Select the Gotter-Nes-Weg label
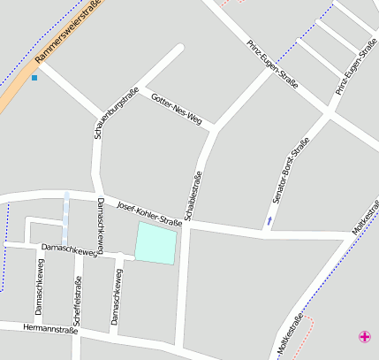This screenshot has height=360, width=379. pos(177,106)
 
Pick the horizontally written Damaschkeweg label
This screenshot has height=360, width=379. pos(69,250)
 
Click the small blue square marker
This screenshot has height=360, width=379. pos(34,78)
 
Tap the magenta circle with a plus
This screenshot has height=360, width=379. pos(365,336)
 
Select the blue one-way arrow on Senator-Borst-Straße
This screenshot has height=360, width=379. pos(269,219)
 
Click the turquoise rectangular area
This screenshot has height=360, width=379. pos(155,242)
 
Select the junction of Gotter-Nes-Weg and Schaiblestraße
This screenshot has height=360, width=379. pos(212,130)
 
